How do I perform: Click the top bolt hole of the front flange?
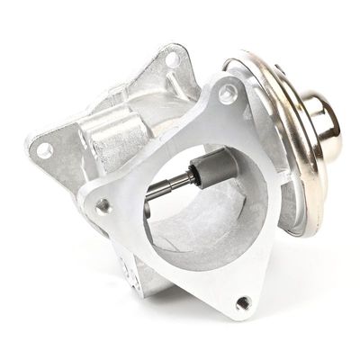[228, 93]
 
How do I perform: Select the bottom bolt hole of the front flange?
[242, 303]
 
